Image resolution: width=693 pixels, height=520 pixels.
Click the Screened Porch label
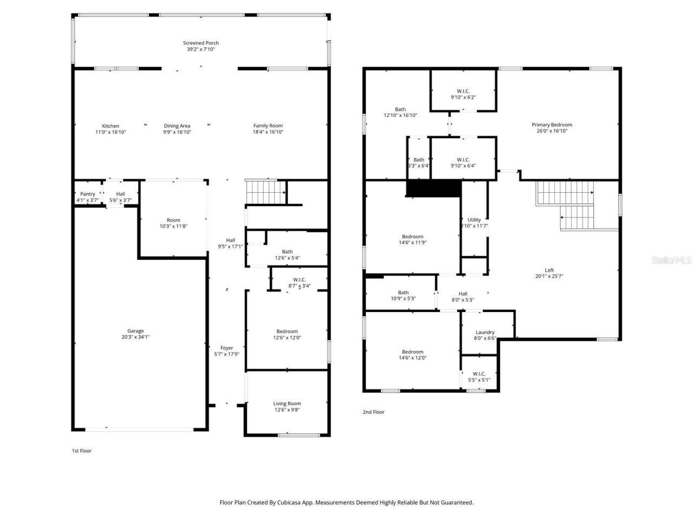[x=201, y=43]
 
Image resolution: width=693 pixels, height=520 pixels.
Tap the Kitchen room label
[x=110, y=126]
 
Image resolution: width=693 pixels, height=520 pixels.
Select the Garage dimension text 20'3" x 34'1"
[x=135, y=337]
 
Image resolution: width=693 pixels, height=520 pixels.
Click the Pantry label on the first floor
[x=87, y=194]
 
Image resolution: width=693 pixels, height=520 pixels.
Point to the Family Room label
[x=268, y=126]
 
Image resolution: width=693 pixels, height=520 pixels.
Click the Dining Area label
[x=177, y=126]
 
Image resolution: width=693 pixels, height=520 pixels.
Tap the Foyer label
[x=226, y=348]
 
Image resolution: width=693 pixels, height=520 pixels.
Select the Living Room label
[x=287, y=404]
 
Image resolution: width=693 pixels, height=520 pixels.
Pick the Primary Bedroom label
[x=552, y=125]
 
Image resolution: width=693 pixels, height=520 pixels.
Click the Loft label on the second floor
[x=549, y=270]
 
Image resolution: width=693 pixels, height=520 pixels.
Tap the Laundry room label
[x=485, y=333]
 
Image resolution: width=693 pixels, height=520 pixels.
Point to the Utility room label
[x=474, y=220]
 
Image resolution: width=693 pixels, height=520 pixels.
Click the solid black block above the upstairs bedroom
[x=433, y=188]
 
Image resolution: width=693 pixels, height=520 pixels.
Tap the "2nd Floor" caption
[x=374, y=412]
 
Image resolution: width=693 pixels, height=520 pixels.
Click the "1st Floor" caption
[x=82, y=451]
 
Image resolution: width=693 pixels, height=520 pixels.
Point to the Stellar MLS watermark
[x=671, y=261]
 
